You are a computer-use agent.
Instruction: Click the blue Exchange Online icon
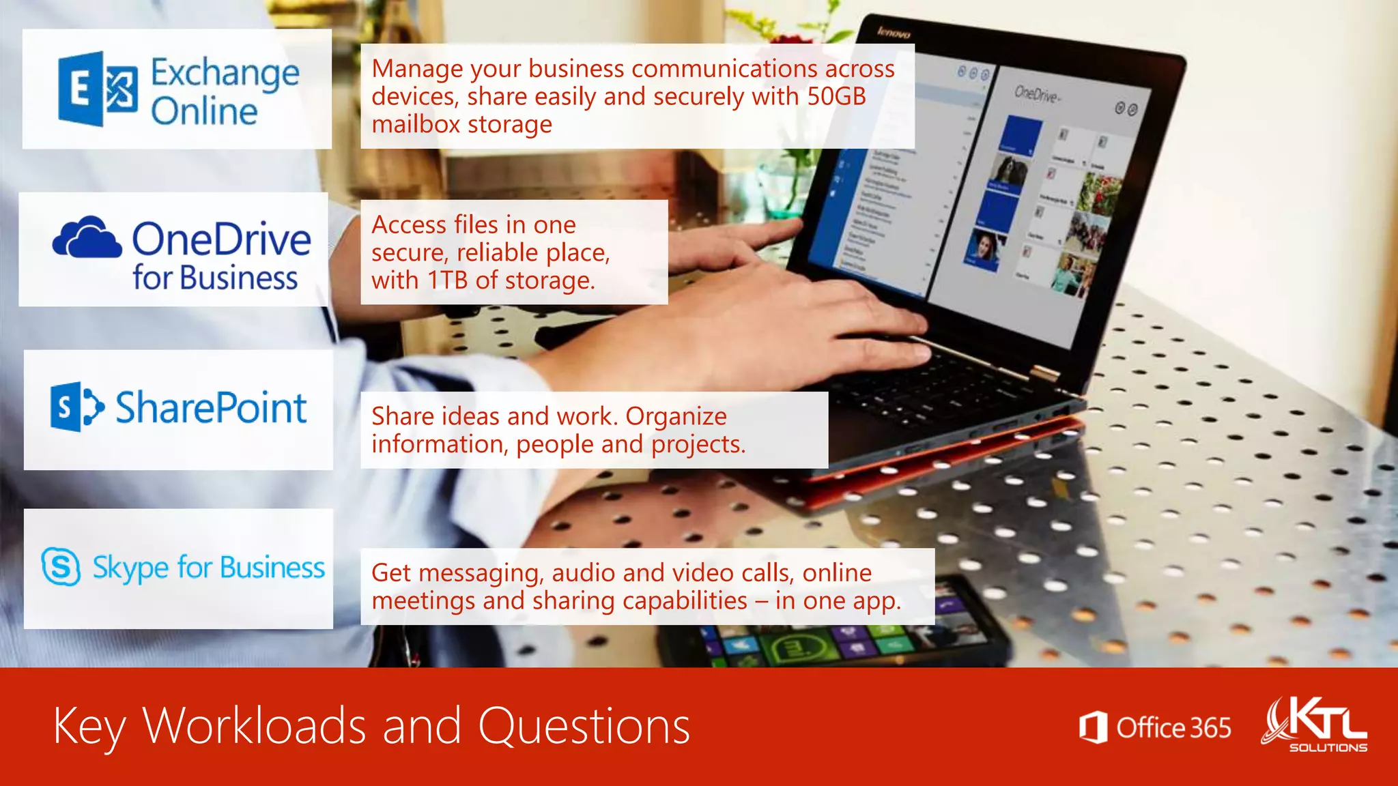pos(98,89)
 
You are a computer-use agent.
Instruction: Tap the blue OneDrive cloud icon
pos(87,237)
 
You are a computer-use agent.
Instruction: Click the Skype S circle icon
pos(61,566)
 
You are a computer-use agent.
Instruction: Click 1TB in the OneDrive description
pos(448,280)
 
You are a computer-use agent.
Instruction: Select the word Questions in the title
pos(584,726)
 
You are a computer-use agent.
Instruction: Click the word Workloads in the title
pos(254,726)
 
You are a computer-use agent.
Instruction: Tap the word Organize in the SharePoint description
pos(676,416)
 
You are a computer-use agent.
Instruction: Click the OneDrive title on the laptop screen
pos(1036,94)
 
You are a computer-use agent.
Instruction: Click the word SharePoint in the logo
pos(211,408)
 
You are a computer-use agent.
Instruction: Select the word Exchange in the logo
pos(225,74)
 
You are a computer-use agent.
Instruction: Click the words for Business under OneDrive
pos(215,278)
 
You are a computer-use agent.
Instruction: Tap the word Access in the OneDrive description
pos(408,225)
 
